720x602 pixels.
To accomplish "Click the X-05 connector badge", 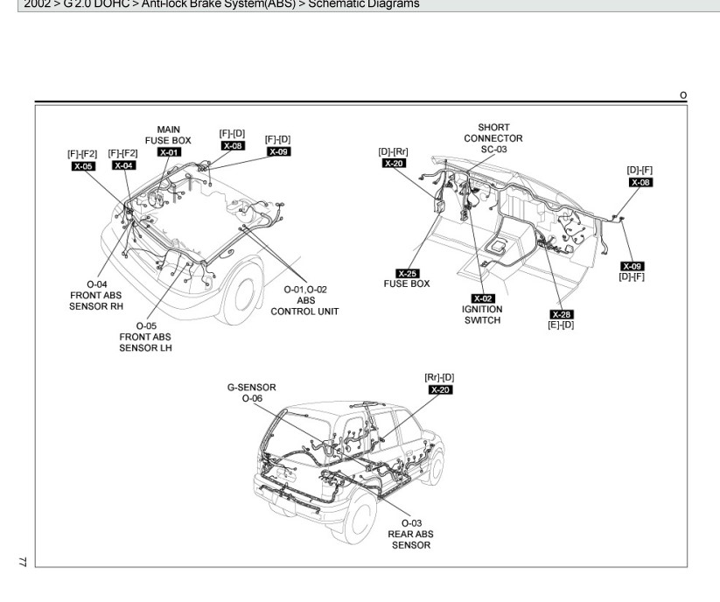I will (84, 165).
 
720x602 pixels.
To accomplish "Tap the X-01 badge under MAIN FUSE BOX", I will (169, 152).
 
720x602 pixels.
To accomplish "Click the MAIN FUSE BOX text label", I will (168, 135).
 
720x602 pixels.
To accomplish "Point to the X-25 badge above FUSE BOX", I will (407, 273).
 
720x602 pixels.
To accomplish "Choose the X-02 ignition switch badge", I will (482, 298).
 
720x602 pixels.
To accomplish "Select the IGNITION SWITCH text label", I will (482, 314).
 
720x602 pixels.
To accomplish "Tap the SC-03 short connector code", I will (493, 150).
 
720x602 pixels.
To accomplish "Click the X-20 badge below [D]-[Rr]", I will (394, 164).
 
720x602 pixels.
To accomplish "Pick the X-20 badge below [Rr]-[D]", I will (441, 389).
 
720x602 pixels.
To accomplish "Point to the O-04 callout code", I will (97, 283).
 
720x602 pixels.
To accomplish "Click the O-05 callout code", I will (146, 325).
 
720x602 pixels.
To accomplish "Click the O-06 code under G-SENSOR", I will (251, 397).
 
